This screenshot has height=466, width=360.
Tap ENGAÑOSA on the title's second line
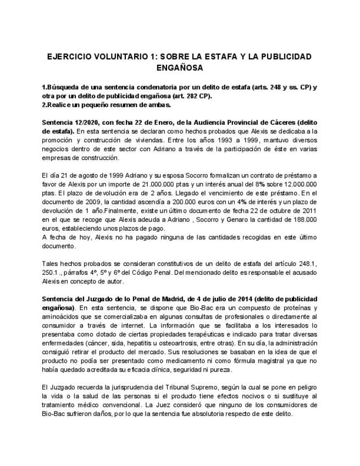tap(180, 68)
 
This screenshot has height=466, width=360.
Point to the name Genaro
tap(232, 220)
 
